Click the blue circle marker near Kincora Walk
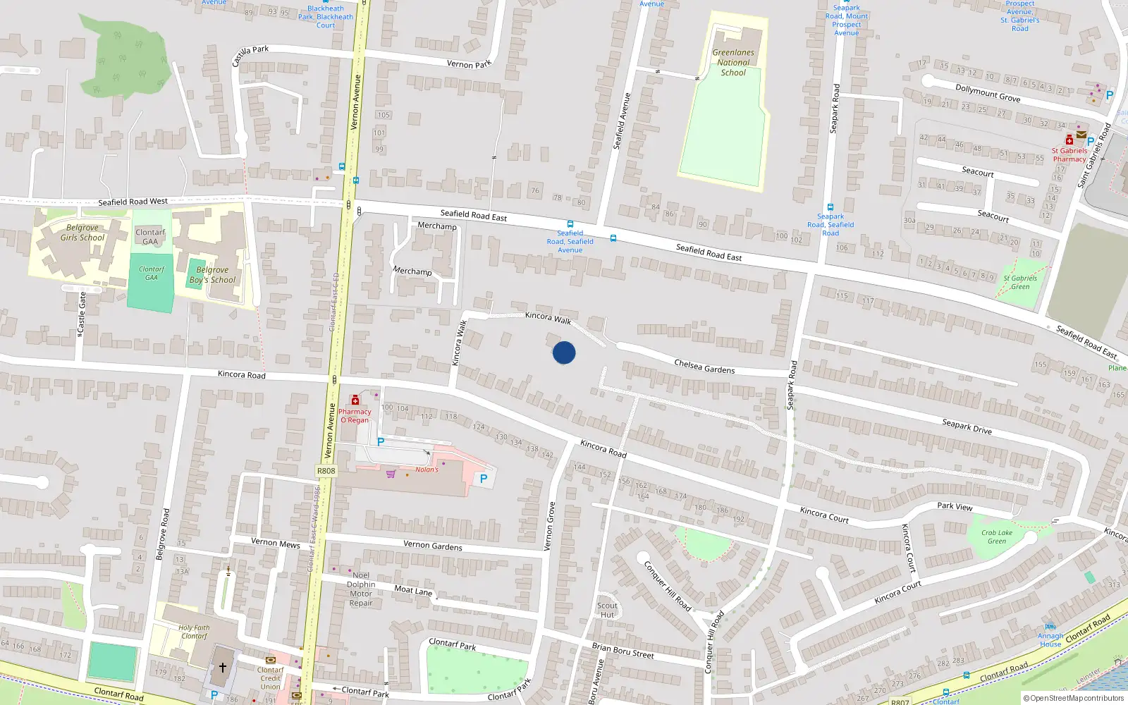(x=564, y=352)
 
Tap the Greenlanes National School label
(x=733, y=63)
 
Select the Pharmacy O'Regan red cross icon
(x=355, y=400)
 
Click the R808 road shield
(x=326, y=471)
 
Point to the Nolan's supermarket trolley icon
(x=391, y=474)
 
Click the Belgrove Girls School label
(x=82, y=233)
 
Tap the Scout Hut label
(x=607, y=610)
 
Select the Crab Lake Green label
(x=996, y=537)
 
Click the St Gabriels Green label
(x=1020, y=282)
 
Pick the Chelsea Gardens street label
(x=704, y=367)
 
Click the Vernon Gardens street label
(x=433, y=546)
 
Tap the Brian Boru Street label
(x=623, y=651)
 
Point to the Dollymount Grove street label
(x=988, y=93)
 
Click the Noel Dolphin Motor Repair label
(x=361, y=589)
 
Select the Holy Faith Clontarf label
(x=194, y=632)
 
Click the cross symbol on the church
(x=223, y=667)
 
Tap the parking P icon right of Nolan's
(x=484, y=479)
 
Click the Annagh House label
(x=1050, y=639)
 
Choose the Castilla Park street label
(x=250, y=55)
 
